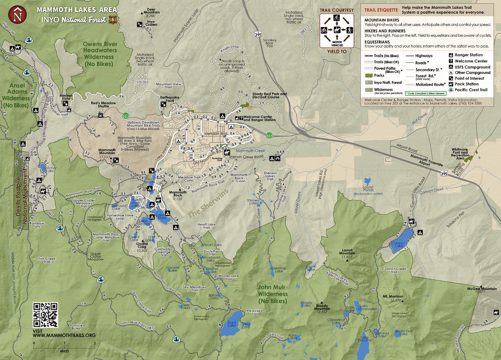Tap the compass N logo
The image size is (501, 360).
click(x=17, y=15)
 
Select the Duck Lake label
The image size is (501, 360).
click(x=232, y=322)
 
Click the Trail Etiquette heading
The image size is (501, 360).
click(x=381, y=10)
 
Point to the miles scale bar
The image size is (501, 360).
click(x=64, y=343)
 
